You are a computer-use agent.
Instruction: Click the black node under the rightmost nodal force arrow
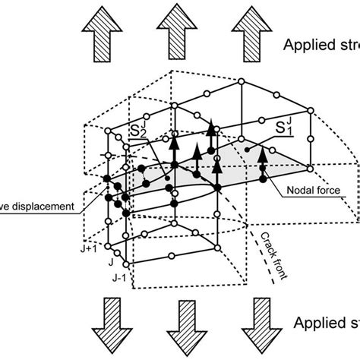tap(264, 179)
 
